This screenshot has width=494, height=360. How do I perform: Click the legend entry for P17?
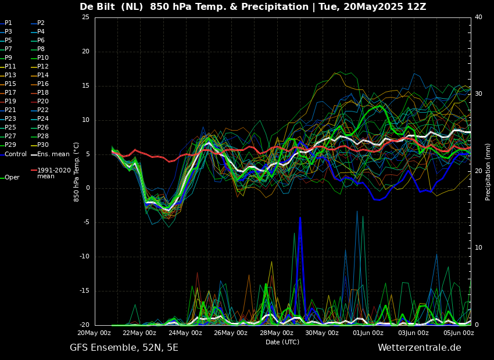coord(10,93)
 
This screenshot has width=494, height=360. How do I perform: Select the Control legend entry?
coord(16,154)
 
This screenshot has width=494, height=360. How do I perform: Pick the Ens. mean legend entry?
coord(53,154)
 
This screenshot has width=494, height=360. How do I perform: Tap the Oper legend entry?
coord(12,178)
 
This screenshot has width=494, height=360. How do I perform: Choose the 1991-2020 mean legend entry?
coord(53,173)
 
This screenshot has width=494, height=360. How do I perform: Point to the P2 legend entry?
coord(41,23)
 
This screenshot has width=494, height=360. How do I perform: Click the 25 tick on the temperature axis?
coord(85,17)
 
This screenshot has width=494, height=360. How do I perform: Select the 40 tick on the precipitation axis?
coord(478,17)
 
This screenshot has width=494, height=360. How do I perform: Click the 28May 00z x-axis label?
coord(276,333)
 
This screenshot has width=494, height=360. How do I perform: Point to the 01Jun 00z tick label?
coord(367,333)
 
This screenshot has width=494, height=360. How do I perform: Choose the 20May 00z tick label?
coord(94,333)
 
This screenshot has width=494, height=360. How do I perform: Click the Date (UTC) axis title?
coord(282,342)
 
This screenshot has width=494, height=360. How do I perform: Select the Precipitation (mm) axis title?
coord(488,172)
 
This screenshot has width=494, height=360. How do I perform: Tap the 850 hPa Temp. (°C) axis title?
coord(76,172)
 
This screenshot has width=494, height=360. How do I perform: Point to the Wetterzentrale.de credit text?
coord(419,348)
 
